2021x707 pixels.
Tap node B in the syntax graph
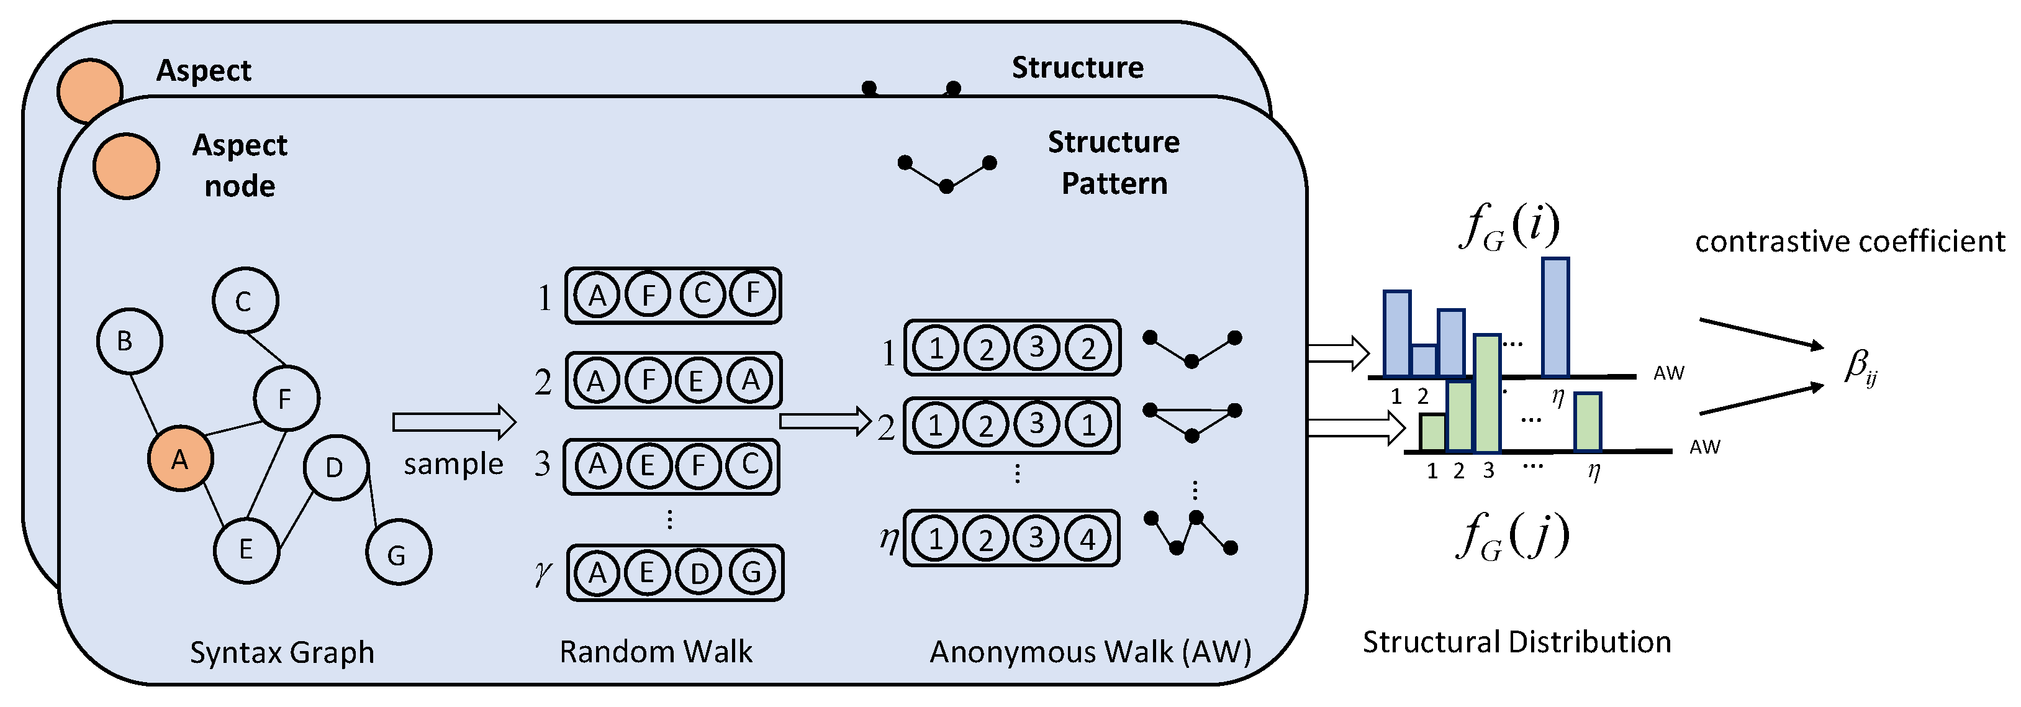click(129, 340)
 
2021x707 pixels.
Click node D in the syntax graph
click(336, 468)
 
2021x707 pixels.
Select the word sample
click(453, 463)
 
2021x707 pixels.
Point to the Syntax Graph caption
click(282, 652)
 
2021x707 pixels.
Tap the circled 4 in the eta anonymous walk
click(1087, 539)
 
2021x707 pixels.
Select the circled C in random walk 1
click(702, 294)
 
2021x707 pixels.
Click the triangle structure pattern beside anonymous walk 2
click(1191, 421)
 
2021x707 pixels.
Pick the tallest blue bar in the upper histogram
click(1555, 317)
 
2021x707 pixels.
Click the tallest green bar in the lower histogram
click(1486, 393)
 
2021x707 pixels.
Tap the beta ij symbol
click(1860, 367)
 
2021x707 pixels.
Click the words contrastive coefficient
click(1849, 242)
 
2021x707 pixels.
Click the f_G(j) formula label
click(1512, 536)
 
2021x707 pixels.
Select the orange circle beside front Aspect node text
click(126, 166)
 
